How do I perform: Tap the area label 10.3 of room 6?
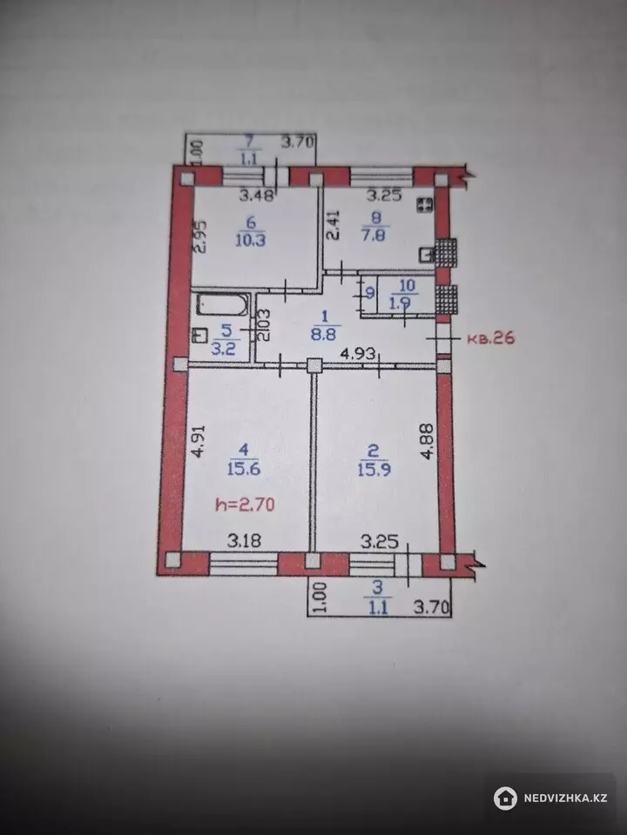[251, 240]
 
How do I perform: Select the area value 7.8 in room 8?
[374, 234]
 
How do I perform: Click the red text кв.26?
[491, 337]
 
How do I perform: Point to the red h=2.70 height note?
[246, 504]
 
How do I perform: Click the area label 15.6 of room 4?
[244, 469]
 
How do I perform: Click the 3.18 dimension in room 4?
[244, 541]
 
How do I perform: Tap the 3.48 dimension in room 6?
[256, 196]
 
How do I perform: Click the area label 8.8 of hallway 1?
[324, 337]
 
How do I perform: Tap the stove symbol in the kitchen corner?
[425, 204]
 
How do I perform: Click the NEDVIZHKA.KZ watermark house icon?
[505, 798]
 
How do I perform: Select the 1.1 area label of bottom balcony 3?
[378, 606]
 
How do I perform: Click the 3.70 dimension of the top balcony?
[299, 143]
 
